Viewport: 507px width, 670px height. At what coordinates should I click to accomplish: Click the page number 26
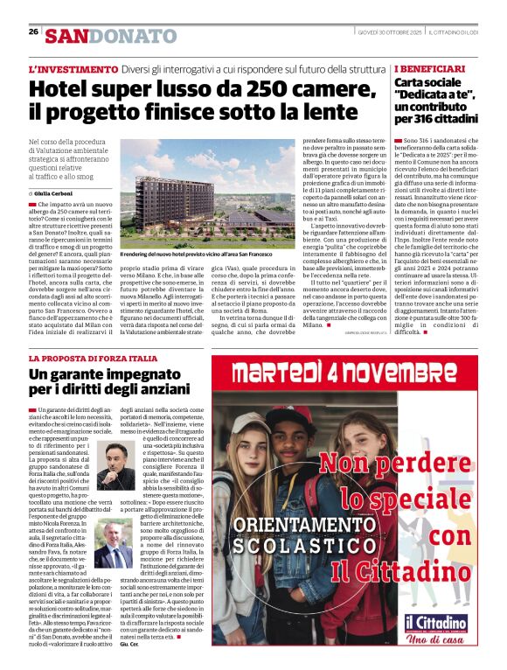tap(33, 31)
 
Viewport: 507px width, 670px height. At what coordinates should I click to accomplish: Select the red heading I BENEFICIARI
tap(430, 68)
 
